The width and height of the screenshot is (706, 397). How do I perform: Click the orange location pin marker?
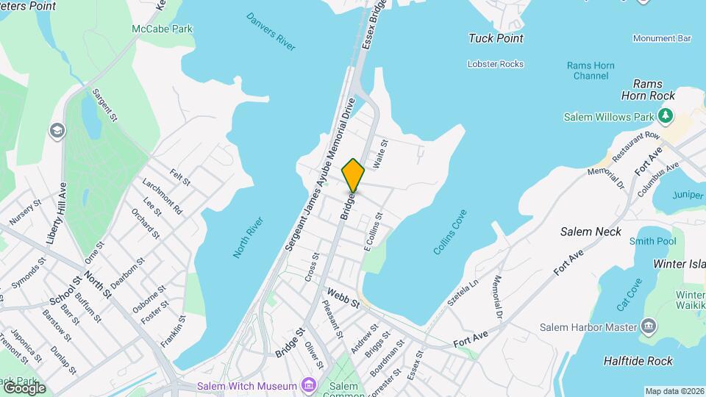(x=353, y=174)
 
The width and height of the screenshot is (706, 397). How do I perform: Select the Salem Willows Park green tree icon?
(x=666, y=115)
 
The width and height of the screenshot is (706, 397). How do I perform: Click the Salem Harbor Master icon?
(x=648, y=326)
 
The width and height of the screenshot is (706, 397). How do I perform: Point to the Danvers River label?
(x=271, y=32)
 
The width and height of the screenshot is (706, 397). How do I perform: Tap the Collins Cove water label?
(x=450, y=232)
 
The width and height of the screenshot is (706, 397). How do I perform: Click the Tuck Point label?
(x=496, y=38)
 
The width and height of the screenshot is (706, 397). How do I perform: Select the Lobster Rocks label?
(x=496, y=64)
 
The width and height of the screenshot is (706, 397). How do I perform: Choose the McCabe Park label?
(x=162, y=29)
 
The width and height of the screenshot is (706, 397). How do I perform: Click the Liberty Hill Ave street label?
(x=56, y=213)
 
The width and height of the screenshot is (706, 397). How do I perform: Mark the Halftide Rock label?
(x=638, y=361)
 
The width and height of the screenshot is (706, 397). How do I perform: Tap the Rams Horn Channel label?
(x=591, y=71)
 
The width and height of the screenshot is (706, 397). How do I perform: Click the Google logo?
(x=24, y=387)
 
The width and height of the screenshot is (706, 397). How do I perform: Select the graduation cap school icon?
(x=57, y=131)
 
